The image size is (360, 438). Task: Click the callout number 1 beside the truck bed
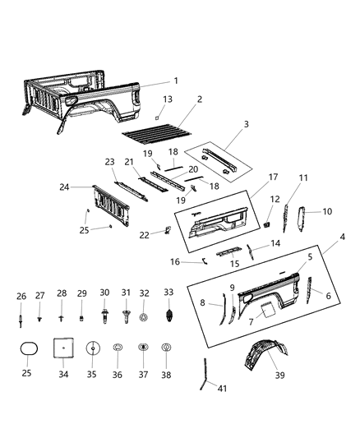(x=175, y=81)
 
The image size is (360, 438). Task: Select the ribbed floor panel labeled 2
(x=156, y=129)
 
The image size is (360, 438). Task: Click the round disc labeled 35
(x=93, y=349)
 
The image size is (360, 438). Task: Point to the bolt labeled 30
(x=104, y=316)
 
